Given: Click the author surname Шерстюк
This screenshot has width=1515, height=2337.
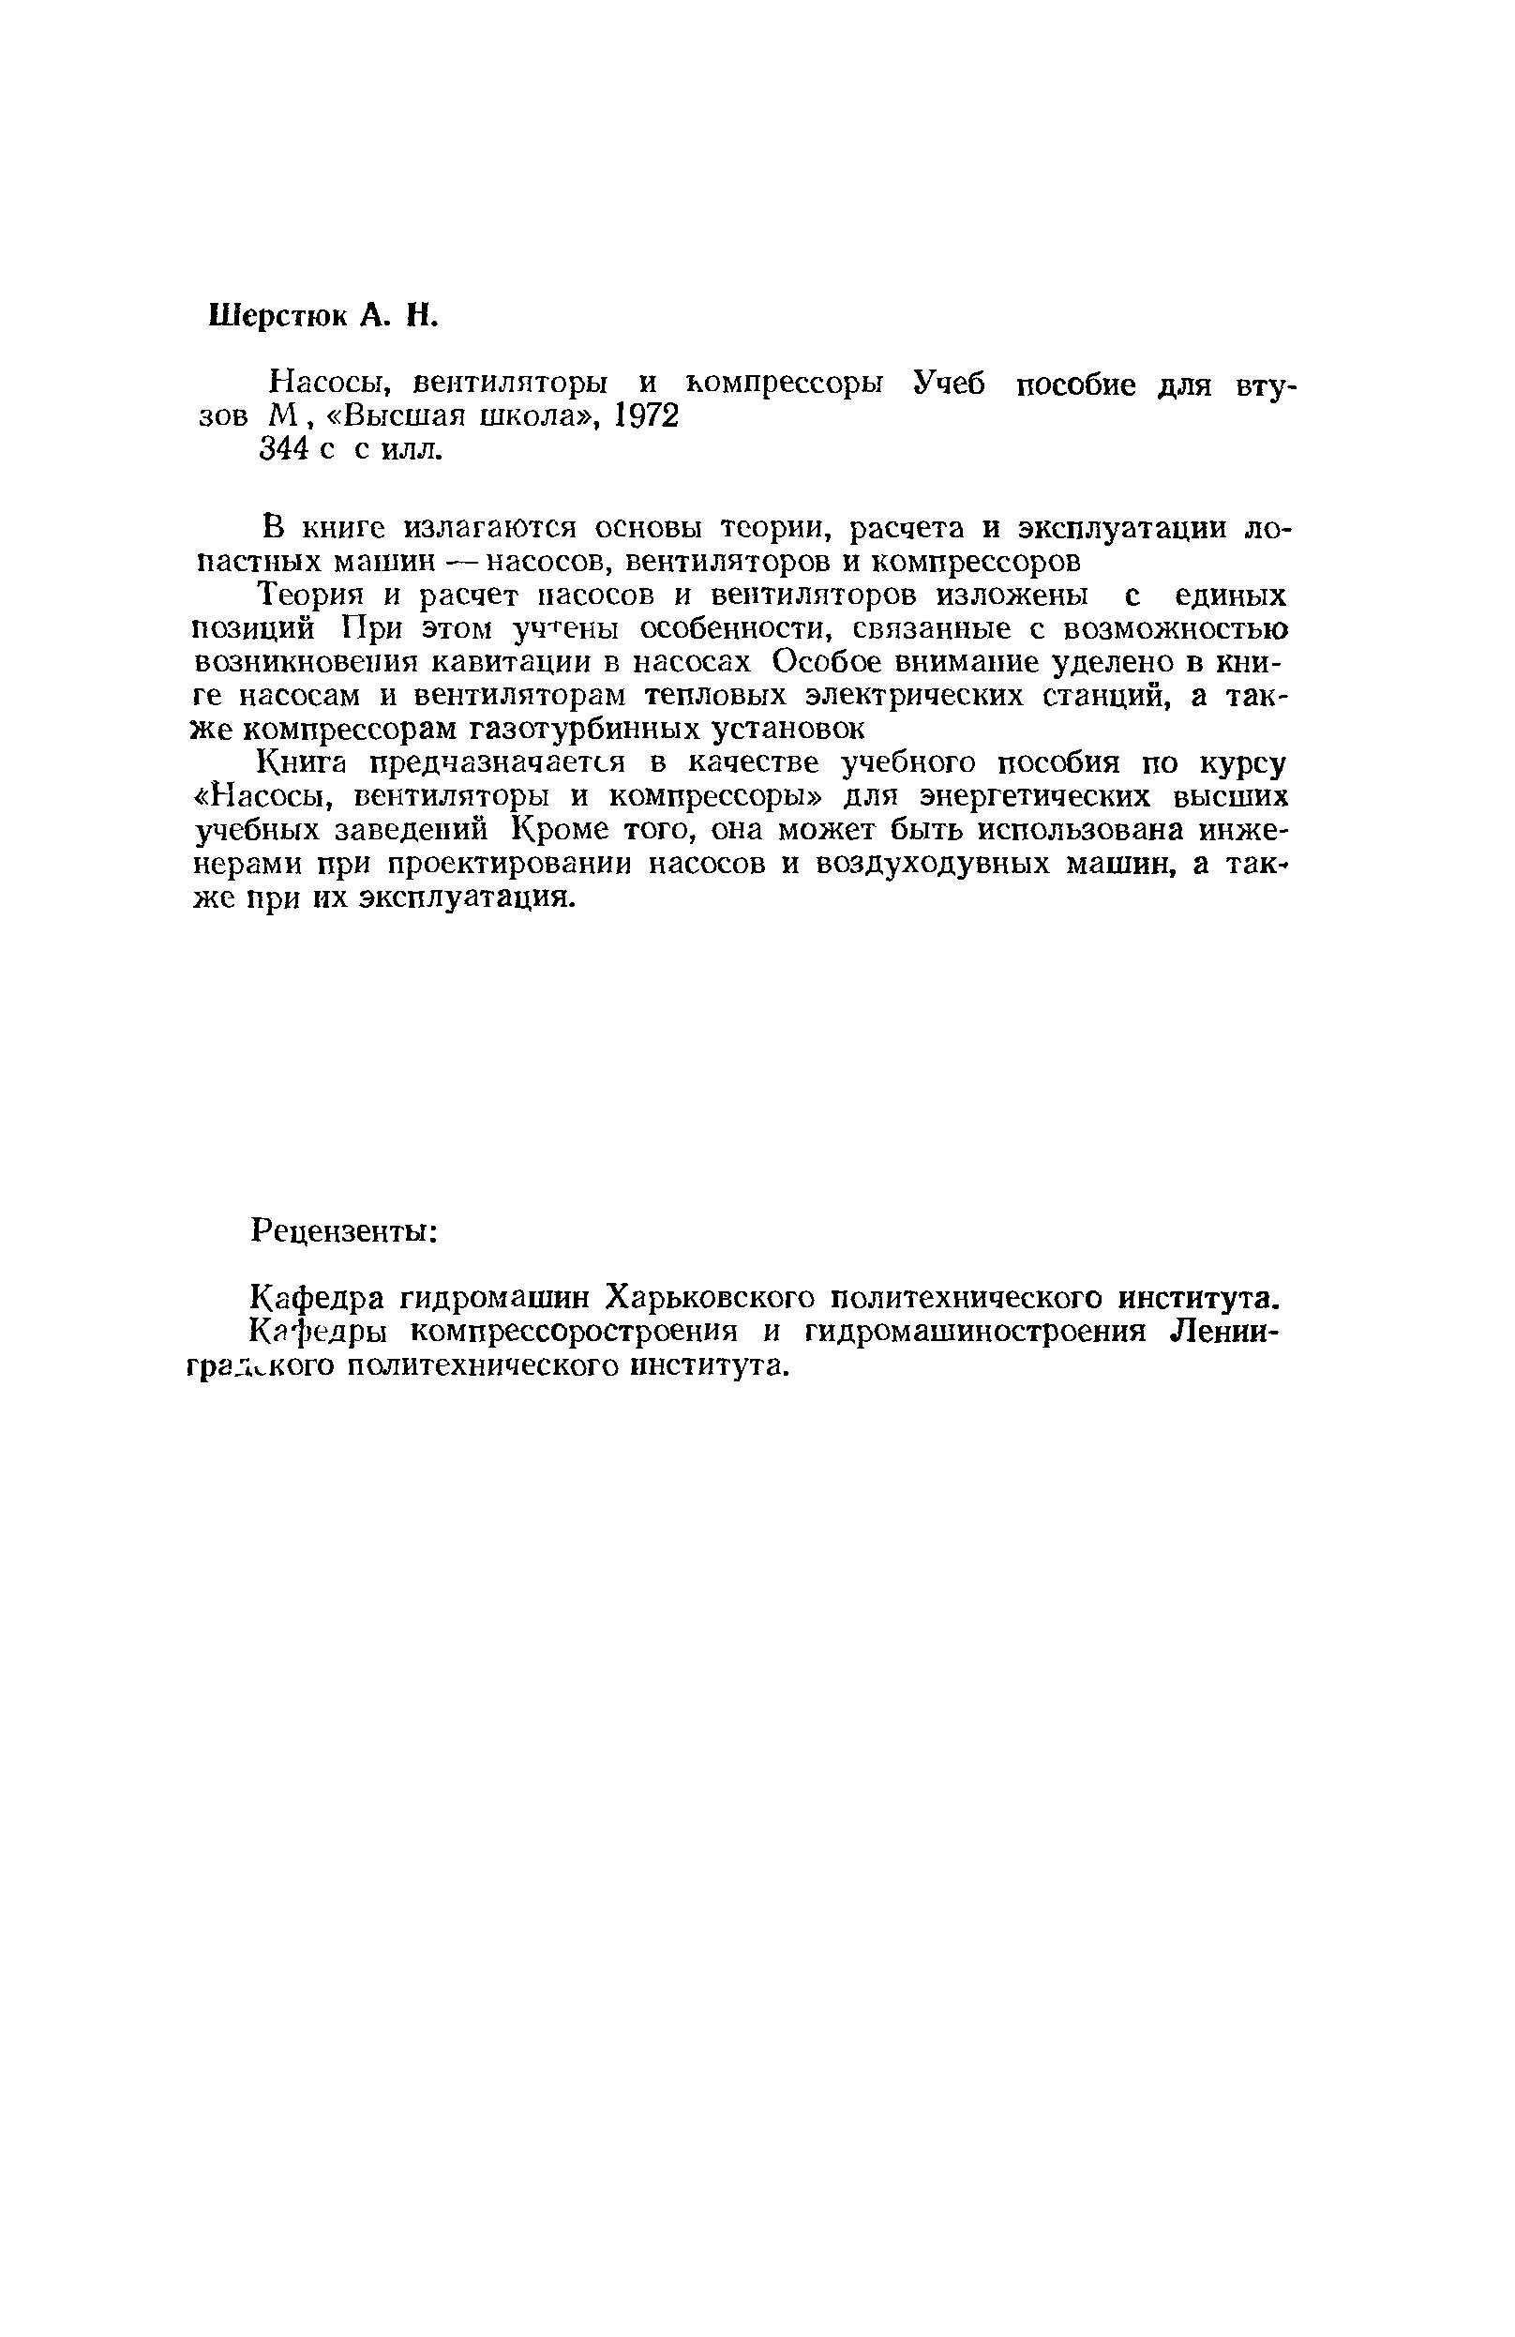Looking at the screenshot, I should [x=277, y=315].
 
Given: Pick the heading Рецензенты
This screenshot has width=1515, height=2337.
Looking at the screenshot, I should [x=344, y=1229].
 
